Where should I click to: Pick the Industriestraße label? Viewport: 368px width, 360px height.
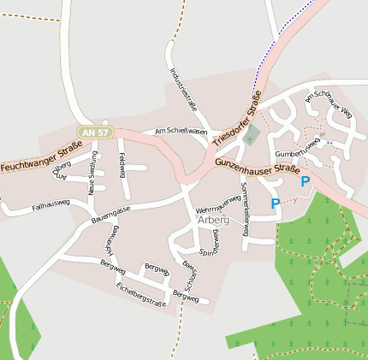click(184, 90)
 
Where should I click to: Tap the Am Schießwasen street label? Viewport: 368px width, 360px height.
click(181, 132)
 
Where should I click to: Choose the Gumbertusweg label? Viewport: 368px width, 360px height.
click(296, 147)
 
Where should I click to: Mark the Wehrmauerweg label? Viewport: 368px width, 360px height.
click(217, 204)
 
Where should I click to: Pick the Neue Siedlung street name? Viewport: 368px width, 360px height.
click(92, 174)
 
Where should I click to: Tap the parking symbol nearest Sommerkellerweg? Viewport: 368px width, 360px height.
click(275, 204)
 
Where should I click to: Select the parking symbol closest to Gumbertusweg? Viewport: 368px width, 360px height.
click(305, 180)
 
